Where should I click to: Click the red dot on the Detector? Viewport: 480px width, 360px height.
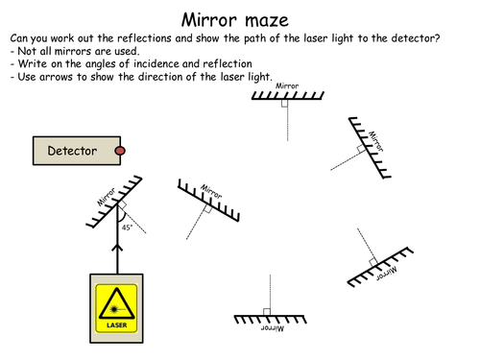pyautogui.click(x=120, y=151)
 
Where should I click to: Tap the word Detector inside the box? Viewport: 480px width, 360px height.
pyautogui.click(x=72, y=151)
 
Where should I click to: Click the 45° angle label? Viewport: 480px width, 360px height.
pyautogui.click(x=127, y=228)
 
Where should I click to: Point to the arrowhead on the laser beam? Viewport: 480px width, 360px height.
pyautogui.click(x=117, y=247)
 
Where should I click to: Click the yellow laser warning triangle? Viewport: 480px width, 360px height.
pyautogui.click(x=116, y=303)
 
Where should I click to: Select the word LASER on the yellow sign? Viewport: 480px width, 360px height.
pyautogui.click(x=116, y=325)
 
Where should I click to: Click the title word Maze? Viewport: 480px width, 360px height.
pyautogui.click(x=267, y=21)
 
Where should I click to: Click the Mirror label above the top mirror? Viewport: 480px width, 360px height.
pyautogui.click(x=287, y=85)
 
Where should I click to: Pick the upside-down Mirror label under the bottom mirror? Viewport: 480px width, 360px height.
pyautogui.click(x=273, y=328)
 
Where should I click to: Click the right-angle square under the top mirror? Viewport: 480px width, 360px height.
pyautogui.click(x=284, y=104)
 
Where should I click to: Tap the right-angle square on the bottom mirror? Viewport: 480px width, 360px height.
pyautogui.click(x=267, y=312)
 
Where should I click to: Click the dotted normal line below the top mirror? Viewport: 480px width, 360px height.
pyautogui.click(x=287, y=120)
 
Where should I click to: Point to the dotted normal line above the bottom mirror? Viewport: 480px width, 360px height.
pyautogui.click(x=270, y=295)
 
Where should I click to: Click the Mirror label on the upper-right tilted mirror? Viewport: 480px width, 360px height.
pyautogui.click(x=376, y=141)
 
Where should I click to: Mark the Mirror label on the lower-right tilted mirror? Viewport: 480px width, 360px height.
pyautogui.click(x=387, y=274)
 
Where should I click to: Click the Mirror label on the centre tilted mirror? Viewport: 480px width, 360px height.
pyautogui.click(x=211, y=191)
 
